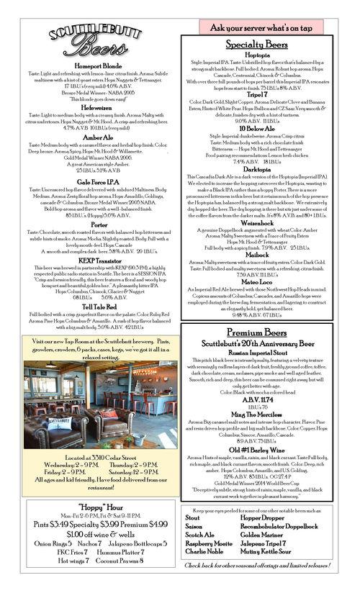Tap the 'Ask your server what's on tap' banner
pos(261,27)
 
